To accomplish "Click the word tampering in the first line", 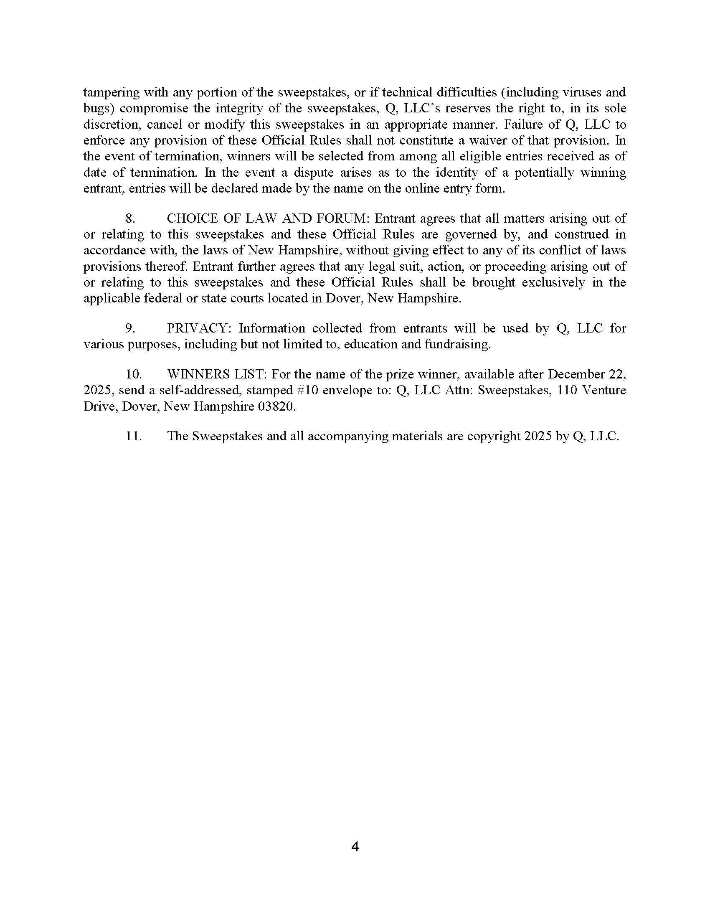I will pos(112,92).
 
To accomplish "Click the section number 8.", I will pos(130,218).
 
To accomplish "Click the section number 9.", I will pos(130,328).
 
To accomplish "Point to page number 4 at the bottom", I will pos(355,846).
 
